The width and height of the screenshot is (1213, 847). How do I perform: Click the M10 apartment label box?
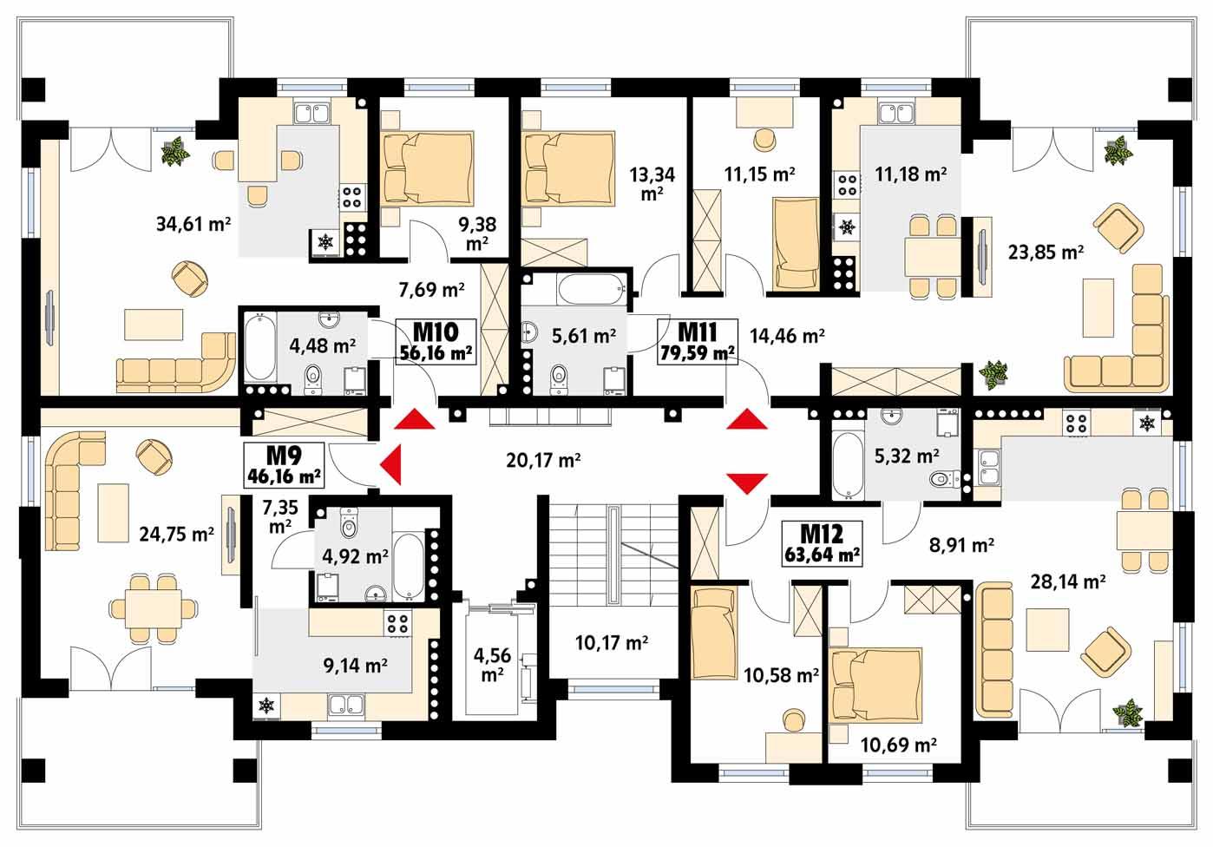point(436,342)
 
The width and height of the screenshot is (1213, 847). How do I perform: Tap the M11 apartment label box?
point(697,342)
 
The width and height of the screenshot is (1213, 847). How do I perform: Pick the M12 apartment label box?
point(822,543)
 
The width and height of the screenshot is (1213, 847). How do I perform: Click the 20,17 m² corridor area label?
point(543,460)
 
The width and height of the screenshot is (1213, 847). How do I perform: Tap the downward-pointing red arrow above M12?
point(747,483)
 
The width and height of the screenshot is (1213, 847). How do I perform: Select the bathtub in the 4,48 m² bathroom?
point(259,349)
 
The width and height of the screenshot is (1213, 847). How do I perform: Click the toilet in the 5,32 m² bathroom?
point(943,478)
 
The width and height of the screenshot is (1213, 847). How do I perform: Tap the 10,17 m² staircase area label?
point(612,644)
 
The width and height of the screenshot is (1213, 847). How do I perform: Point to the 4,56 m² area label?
point(492,665)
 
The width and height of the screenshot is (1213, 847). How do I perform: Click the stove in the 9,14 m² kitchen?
point(397,622)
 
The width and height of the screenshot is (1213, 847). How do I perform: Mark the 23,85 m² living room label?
point(1046,253)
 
